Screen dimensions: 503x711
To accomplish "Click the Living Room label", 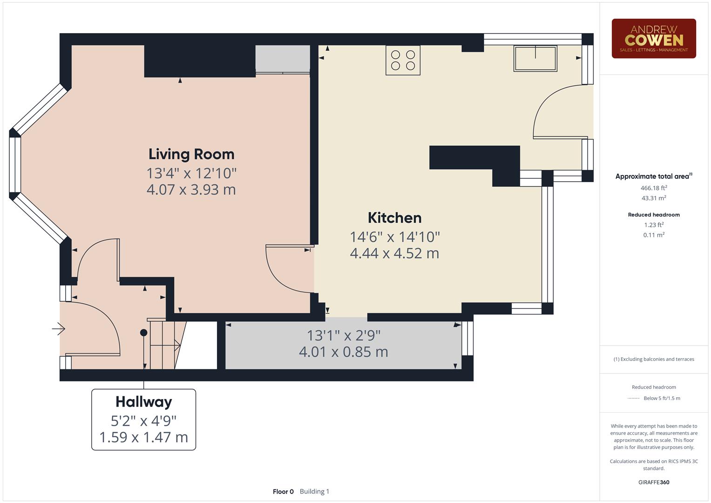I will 191,154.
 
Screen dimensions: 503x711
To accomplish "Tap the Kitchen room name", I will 394,218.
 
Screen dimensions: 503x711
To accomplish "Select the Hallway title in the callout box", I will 143,401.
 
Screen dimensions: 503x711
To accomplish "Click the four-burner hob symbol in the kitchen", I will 403,60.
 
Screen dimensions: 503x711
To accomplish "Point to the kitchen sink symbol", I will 535,58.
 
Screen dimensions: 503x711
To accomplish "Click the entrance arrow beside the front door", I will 59,329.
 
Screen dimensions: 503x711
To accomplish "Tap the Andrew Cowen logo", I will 653,39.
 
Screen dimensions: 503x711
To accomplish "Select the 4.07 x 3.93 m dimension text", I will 191,190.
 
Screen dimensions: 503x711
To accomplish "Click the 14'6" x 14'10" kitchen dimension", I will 394,237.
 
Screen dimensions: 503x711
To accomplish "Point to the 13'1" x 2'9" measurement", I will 343,335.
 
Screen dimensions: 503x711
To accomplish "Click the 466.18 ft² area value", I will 653,188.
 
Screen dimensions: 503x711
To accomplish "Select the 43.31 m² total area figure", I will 653,198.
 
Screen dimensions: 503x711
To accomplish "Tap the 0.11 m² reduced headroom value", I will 653,235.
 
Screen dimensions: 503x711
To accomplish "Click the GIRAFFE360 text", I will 653,482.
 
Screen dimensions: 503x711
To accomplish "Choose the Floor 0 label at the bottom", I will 283,491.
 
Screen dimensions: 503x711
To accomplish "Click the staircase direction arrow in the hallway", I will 177,345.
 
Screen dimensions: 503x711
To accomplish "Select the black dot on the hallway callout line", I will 144,333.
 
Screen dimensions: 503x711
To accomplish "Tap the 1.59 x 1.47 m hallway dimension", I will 143,437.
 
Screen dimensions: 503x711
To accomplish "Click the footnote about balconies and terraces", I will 653,359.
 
